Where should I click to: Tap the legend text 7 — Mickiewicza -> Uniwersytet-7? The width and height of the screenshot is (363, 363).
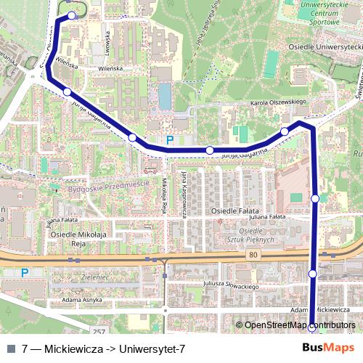[x=104, y=349]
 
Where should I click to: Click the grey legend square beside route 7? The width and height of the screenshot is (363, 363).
[x=11, y=349]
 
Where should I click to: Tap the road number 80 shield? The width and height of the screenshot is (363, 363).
[x=252, y=255]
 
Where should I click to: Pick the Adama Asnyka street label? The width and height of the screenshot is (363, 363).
[x=81, y=300]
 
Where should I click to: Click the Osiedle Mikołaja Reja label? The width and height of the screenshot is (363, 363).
[x=78, y=239]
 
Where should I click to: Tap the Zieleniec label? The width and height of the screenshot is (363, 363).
[x=94, y=277]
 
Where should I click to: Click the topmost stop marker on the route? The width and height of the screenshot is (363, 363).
[x=71, y=15]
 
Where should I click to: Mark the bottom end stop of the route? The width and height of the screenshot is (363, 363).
[x=312, y=327]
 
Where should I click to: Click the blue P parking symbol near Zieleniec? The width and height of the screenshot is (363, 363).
[x=25, y=273]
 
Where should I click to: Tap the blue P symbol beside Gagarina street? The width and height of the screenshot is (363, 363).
[x=170, y=141]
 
